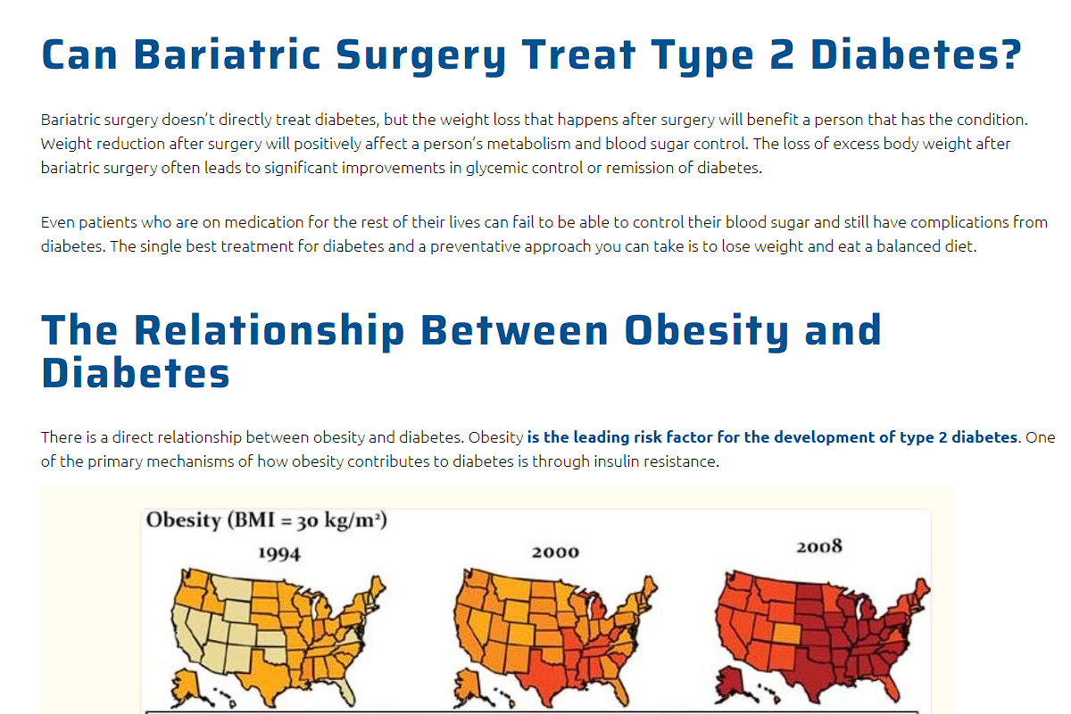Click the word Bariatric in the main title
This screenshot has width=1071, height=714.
click(x=228, y=55)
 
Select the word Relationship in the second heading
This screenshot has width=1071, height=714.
click(x=270, y=329)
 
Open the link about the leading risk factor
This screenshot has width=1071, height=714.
click(x=772, y=437)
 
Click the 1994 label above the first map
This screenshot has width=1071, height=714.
click(x=279, y=553)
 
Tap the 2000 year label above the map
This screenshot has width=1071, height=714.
click(x=555, y=552)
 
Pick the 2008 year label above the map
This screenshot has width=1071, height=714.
click(x=819, y=545)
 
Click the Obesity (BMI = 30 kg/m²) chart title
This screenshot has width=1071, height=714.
click(x=266, y=520)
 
